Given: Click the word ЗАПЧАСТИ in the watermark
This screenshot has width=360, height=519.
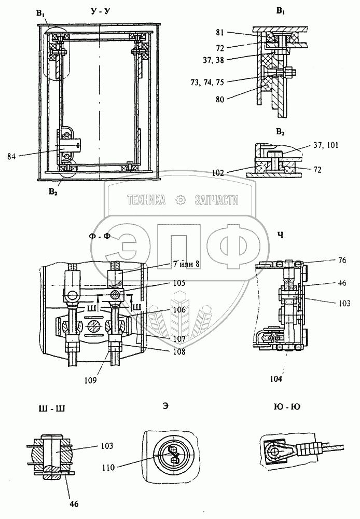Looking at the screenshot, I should (217, 200).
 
